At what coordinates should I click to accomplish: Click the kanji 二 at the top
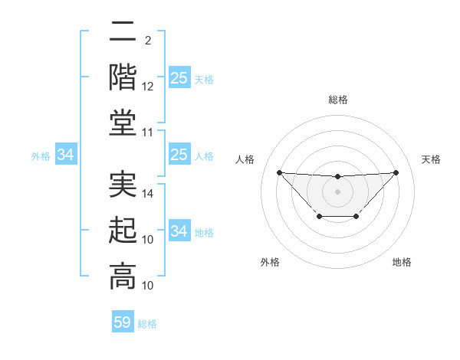[x=123, y=33]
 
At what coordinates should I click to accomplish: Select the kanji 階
[x=123, y=77]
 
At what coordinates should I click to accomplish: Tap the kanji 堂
[x=123, y=123]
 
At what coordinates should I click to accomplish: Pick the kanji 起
[x=123, y=231]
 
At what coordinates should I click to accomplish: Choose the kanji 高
[x=123, y=277]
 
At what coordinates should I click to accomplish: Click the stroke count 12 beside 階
[x=148, y=87]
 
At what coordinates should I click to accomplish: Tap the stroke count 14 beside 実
[x=148, y=195]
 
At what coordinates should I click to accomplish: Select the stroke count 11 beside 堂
[x=148, y=133]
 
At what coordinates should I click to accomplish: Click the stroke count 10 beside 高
[x=148, y=286]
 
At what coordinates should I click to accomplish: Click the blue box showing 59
[x=123, y=322]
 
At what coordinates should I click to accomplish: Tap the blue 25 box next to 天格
[x=179, y=77]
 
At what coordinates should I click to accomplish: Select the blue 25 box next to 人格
[x=179, y=155]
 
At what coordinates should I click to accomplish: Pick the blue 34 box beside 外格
[x=66, y=155]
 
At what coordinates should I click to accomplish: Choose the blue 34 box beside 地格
[x=179, y=231]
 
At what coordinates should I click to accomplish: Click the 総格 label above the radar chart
[x=337, y=100]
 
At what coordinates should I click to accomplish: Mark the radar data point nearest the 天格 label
[x=396, y=172]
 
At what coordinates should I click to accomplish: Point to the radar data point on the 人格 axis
[x=279, y=172]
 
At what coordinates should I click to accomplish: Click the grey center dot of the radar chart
[x=337, y=191]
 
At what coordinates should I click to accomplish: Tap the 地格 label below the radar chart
[x=402, y=262]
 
